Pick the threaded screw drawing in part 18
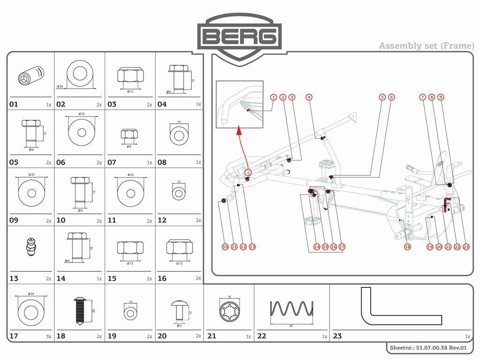click(x=79, y=310)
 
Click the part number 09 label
click(x=14, y=220)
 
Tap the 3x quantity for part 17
click(x=48, y=336)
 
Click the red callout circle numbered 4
click(x=309, y=97)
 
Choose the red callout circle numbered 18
click(x=407, y=247)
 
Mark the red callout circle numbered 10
click(x=225, y=247)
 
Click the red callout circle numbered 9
click(x=440, y=97)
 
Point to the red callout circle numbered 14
click(x=317, y=247)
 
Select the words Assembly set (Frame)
click(x=426, y=45)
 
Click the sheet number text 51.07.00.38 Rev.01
click(x=428, y=348)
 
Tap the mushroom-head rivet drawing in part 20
click(x=179, y=309)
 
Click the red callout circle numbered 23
click(x=466, y=247)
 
